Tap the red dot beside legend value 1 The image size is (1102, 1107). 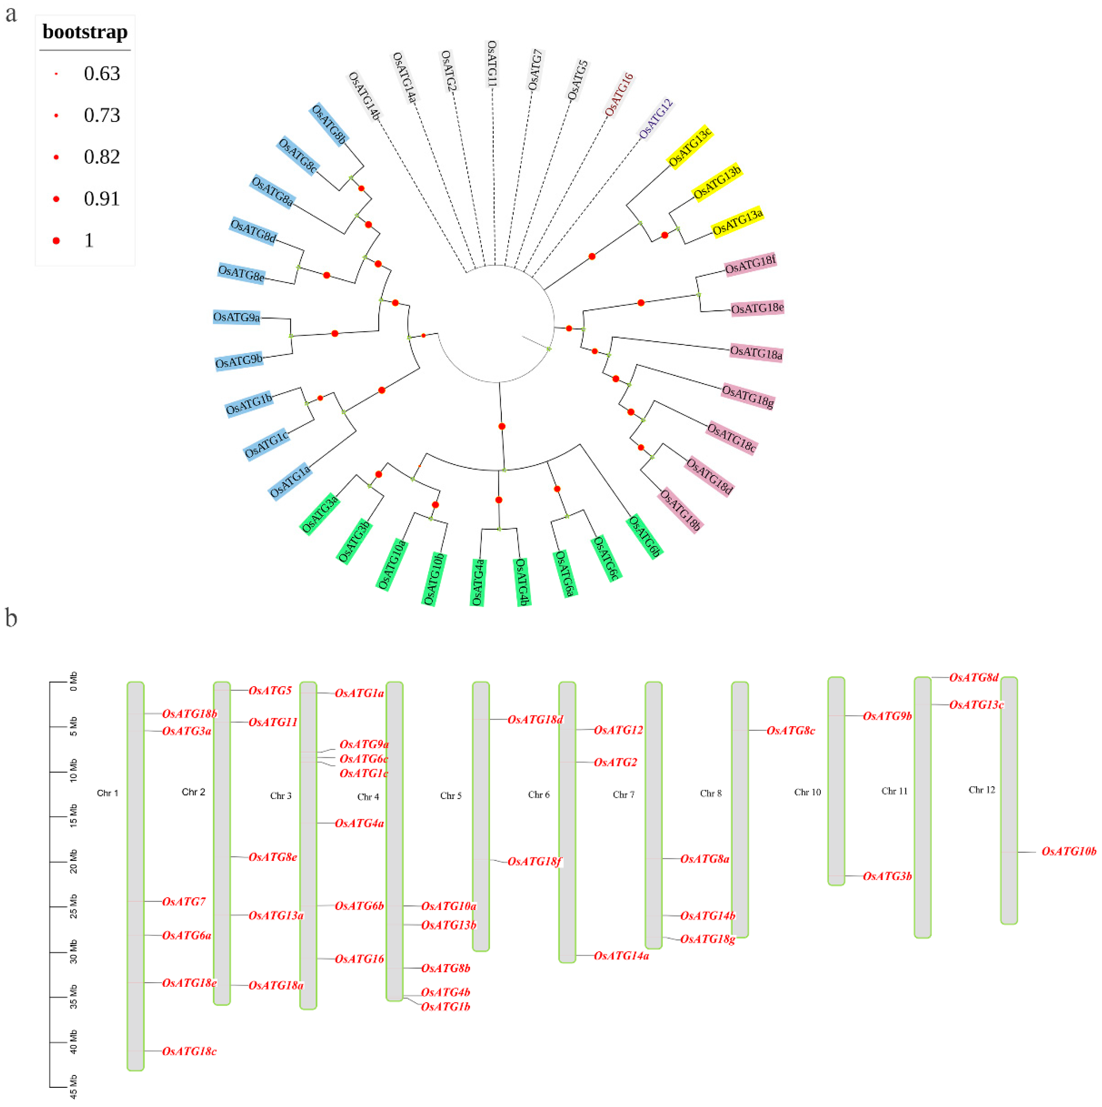click(56, 241)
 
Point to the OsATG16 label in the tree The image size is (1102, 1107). click(619, 94)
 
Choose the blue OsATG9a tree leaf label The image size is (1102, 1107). click(237, 317)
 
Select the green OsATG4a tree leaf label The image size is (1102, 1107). click(478, 582)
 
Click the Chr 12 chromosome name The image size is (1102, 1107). click(982, 790)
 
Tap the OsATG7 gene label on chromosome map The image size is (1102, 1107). click(183, 901)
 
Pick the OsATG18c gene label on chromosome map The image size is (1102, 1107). click(189, 1051)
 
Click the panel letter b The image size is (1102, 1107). click(12, 618)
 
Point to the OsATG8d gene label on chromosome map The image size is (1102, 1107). click(974, 677)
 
